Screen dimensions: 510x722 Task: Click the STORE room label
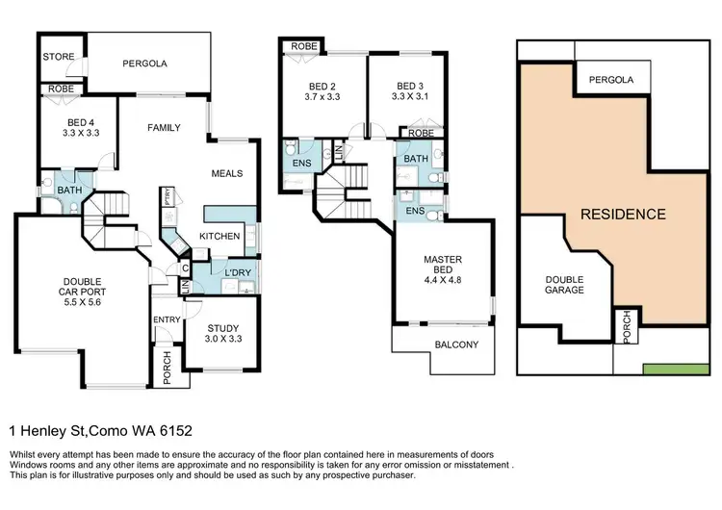pyautogui.click(x=58, y=57)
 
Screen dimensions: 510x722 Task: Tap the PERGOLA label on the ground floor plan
pyautogui.click(x=144, y=64)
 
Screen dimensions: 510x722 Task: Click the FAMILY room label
pyautogui.click(x=163, y=127)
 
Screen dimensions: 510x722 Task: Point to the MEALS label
pyautogui.click(x=226, y=173)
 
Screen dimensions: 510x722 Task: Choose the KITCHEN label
pyautogui.click(x=219, y=236)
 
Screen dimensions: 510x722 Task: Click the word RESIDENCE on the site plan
pyautogui.click(x=622, y=214)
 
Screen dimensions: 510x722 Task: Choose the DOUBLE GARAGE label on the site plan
pyautogui.click(x=564, y=284)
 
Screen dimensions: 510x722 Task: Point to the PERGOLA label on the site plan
pyautogui.click(x=611, y=80)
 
